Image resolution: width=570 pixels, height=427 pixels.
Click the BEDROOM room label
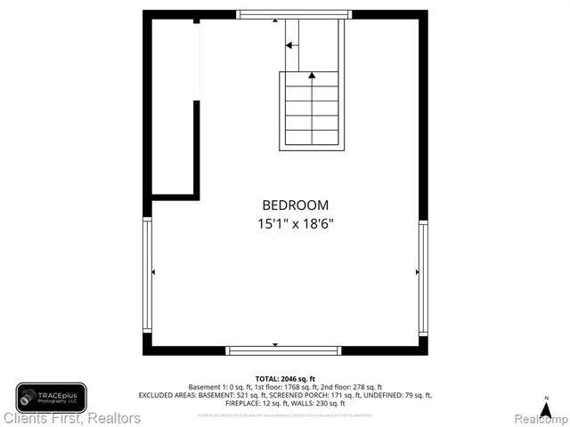[295, 205]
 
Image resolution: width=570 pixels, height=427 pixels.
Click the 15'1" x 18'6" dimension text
[295, 224]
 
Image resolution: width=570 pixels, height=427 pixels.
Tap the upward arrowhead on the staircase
[312, 77]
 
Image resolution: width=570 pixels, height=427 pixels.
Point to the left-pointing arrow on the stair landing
[289, 44]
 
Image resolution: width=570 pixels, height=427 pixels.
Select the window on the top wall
[294, 14]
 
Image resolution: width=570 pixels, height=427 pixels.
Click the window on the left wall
[148, 277]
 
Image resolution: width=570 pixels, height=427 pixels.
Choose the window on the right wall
[423, 277]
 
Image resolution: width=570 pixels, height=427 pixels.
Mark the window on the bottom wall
[283, 350]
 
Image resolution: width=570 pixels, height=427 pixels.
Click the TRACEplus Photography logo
[51, 397]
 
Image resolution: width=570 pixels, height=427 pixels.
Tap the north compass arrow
[546, 407]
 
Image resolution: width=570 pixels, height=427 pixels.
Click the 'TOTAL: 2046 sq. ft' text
[285, 379]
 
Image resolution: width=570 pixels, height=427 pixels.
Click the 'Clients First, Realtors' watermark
[71, 417]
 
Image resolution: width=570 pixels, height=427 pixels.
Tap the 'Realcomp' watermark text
[538, 418]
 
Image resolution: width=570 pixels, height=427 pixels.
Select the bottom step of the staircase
[312, 138]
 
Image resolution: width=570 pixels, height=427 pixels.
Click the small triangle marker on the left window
[154, 271]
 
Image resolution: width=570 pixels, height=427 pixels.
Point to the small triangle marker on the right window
[417, 271]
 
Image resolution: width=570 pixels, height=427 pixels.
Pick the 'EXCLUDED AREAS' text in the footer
[164, 395]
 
